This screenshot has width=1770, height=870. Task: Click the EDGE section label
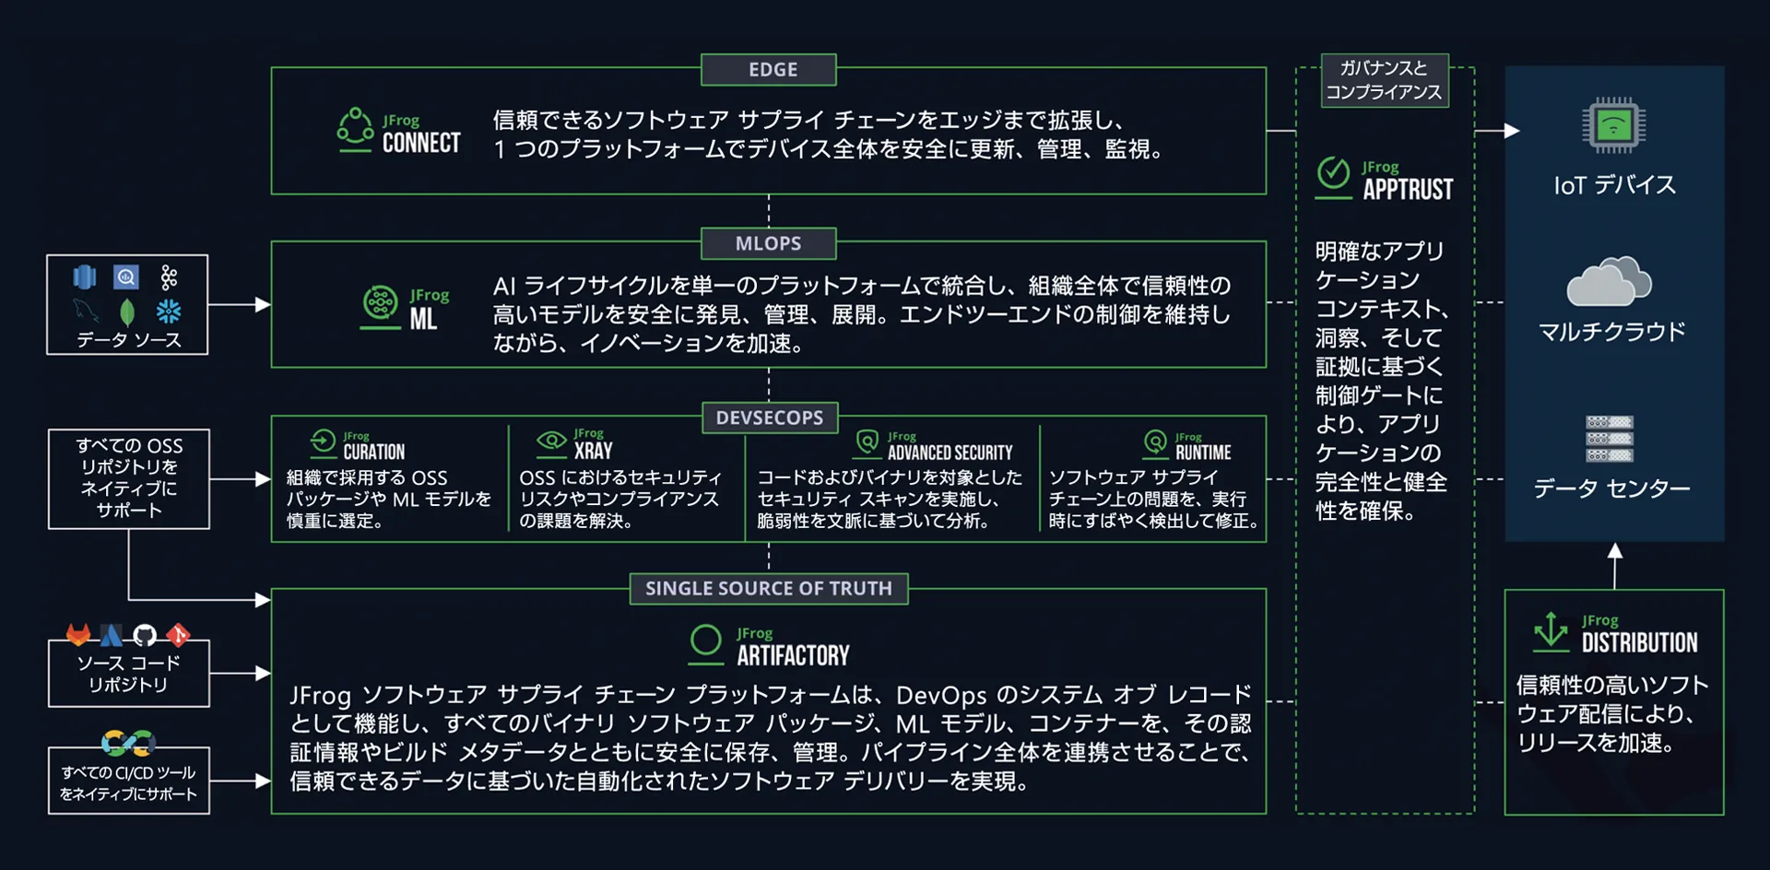pyautogui.click(x=773, y=70)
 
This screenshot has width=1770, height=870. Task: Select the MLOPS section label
pyautogui.click(x=768, y=244)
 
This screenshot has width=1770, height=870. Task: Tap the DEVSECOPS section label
pyautogui.click(x=769, y=418)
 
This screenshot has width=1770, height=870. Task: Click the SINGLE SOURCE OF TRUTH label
pyautogui.click(x=768, y=589)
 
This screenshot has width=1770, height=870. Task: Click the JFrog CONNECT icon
pyautogui.click(x=355, y=130)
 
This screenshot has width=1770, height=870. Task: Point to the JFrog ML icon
pyautogui.click(x=380, y=305)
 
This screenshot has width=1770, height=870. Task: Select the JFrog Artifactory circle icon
pyautogui.click(x=706, y=642)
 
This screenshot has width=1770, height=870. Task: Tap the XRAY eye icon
pyautogui.click(x=551, y=441)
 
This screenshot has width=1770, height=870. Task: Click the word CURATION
pyautogui.click(x=373, y=453)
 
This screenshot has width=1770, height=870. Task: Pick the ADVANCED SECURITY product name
pyautogui.click(x=950, y=453)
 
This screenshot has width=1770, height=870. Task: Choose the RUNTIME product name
pyautogui.click(x=1203, y=453)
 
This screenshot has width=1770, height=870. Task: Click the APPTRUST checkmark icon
pyautogui.click(x=1333, y=174)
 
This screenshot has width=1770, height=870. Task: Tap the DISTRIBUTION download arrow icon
pyautogui.click(x=1551, y=631)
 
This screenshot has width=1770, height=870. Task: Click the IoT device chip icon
pyautogui.click(x=1613, y=125)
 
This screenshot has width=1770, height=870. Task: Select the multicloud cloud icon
pyautogui.click(x=1610, y=283)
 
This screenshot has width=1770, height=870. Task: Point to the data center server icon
pyautogui.click(x=1609, y=439)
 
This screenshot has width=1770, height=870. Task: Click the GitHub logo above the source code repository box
pyautogui.click(x=145, y=635)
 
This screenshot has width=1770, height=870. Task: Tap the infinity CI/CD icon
pyautogui.click(x=128, y=742)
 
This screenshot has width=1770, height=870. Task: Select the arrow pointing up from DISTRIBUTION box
pyautogui.click(x=1614, y=564)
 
